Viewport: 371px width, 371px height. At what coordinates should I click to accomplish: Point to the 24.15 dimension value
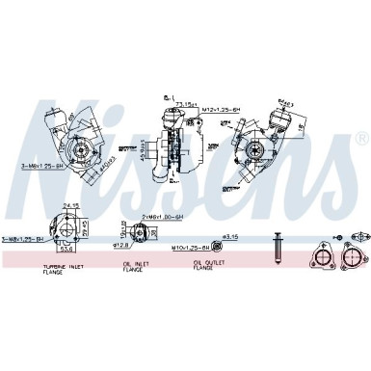tap(70, 205)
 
